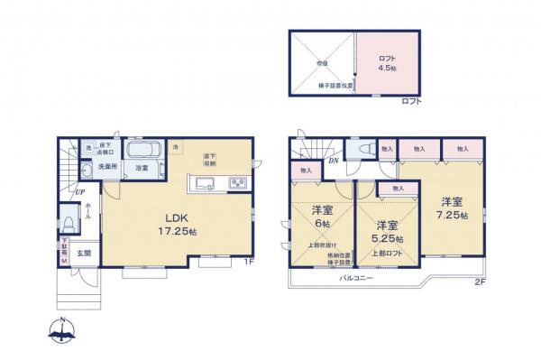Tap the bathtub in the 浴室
point(142,151)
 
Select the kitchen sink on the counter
point(204,184)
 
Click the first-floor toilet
point(69,225)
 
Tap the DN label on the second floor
point(332,161)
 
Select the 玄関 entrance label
point(82,254)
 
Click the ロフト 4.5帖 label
point(388,63)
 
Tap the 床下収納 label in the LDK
point(210,159)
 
